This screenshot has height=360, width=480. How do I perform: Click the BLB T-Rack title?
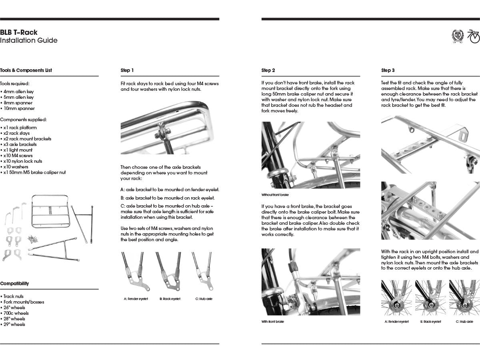(19, 32)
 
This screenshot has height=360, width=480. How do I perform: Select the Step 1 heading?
(127, 70)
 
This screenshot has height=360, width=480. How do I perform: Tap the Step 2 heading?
(268, 70)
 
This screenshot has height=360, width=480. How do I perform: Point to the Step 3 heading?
(388, 70)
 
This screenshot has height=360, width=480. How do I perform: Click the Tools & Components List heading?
(26, 70)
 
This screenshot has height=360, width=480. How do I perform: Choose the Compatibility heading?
(14, 284)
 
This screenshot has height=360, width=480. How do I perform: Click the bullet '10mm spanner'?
(19, 108)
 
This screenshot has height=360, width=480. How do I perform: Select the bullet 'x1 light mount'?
(18, 150)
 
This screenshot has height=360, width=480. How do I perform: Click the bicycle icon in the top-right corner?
(474, 36)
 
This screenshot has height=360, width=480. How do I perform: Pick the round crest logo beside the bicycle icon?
(457, 36)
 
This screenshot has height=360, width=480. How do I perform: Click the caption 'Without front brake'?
(275, 195)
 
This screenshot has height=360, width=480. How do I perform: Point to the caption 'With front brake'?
(273, 322)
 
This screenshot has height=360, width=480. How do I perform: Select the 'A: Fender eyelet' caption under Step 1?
(136, 299)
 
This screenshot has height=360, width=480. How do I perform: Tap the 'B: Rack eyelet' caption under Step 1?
(170, 299)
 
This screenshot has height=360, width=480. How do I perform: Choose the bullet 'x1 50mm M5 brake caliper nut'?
(34, 172)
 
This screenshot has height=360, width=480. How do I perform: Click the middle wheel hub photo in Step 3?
(430, 298)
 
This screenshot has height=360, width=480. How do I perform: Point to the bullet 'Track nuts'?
(14, 296)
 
